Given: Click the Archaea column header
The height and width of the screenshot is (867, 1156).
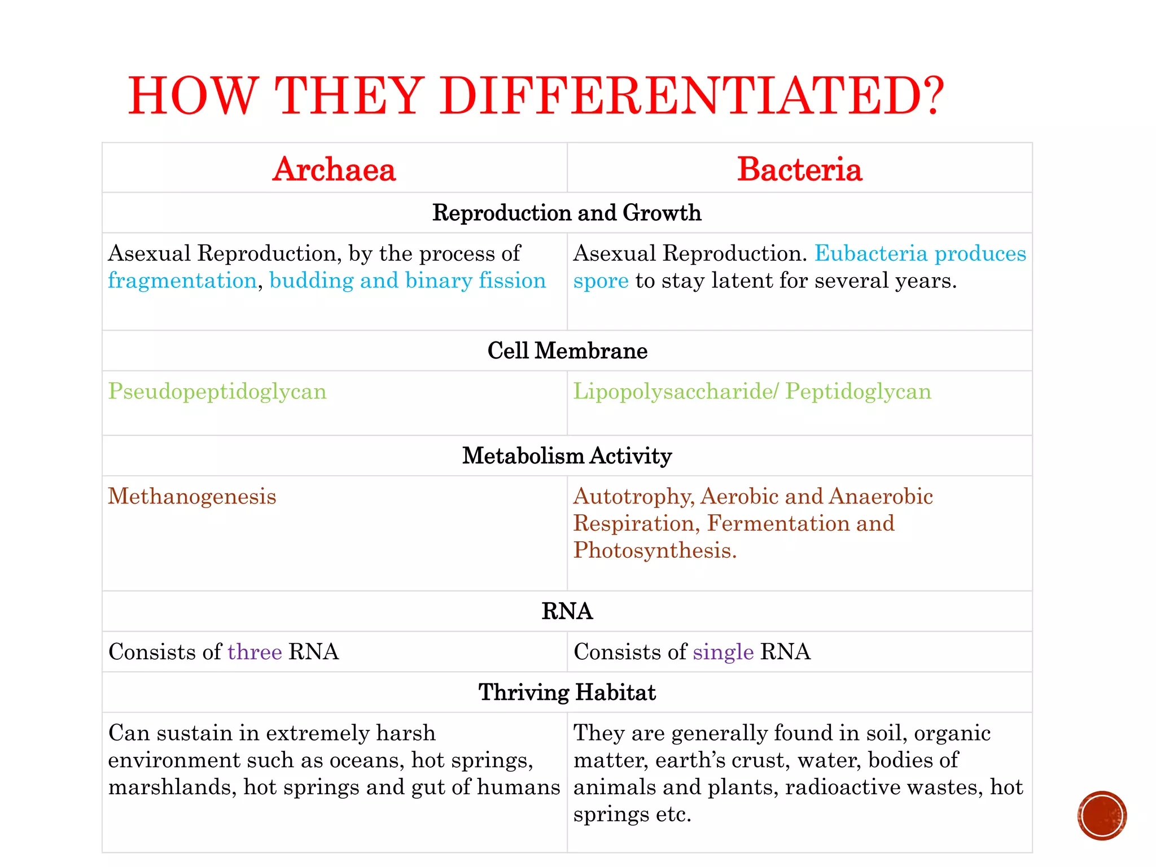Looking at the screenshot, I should pyautogui.click(x=334, y=169).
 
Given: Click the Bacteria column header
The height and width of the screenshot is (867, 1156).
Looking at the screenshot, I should pyautogui.click(x=799, y=169).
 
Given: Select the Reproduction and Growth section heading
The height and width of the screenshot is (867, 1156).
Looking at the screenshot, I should pyautogui.click(x=567, y=213).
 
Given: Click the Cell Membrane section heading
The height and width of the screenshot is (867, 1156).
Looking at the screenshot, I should pyautogui.click(x=567, y=351).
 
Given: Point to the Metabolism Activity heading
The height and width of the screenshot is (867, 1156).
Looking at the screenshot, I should pyautogui.click(x=567, y=456).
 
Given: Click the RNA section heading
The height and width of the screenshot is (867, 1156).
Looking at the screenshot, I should pyautogui.click(x=567, y=611).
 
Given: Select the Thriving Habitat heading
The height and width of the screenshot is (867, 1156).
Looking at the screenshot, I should pyautogui.click(x=567, y=692).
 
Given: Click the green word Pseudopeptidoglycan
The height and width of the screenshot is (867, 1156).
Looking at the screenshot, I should pyautogui.click(x=217, y=392).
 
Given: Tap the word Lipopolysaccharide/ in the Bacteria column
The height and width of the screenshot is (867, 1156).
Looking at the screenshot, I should pyautogui.click(x=676, y=392).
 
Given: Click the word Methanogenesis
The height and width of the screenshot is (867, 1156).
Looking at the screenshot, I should pyautogui.click(x=192, y=497).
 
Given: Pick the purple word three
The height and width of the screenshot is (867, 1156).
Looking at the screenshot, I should pyautogui.click(x=255, y=652).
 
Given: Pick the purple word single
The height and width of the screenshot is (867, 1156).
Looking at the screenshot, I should pyautogui.click(x=723, y=652).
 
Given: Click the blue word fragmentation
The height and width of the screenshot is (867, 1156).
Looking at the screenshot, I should pyautogui.click(x=182, y=281).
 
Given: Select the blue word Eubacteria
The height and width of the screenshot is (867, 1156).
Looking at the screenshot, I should pyautogui.click(x=871, y=253).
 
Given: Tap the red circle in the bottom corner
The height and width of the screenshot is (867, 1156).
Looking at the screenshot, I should pyautogui.click(x=1101, y=816).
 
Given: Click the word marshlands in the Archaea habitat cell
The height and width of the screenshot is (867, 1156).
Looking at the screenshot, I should pyautogui.click(x=172, y=787).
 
